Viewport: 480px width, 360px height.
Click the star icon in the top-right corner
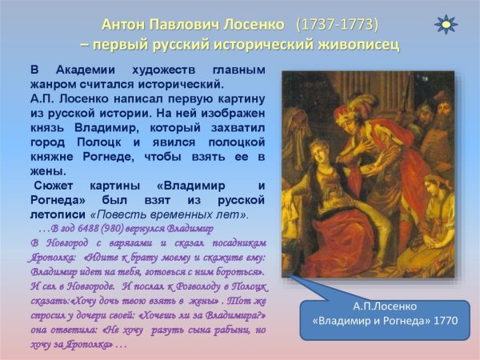click(446, 23)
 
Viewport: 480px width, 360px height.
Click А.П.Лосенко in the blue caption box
click(386, 306)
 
